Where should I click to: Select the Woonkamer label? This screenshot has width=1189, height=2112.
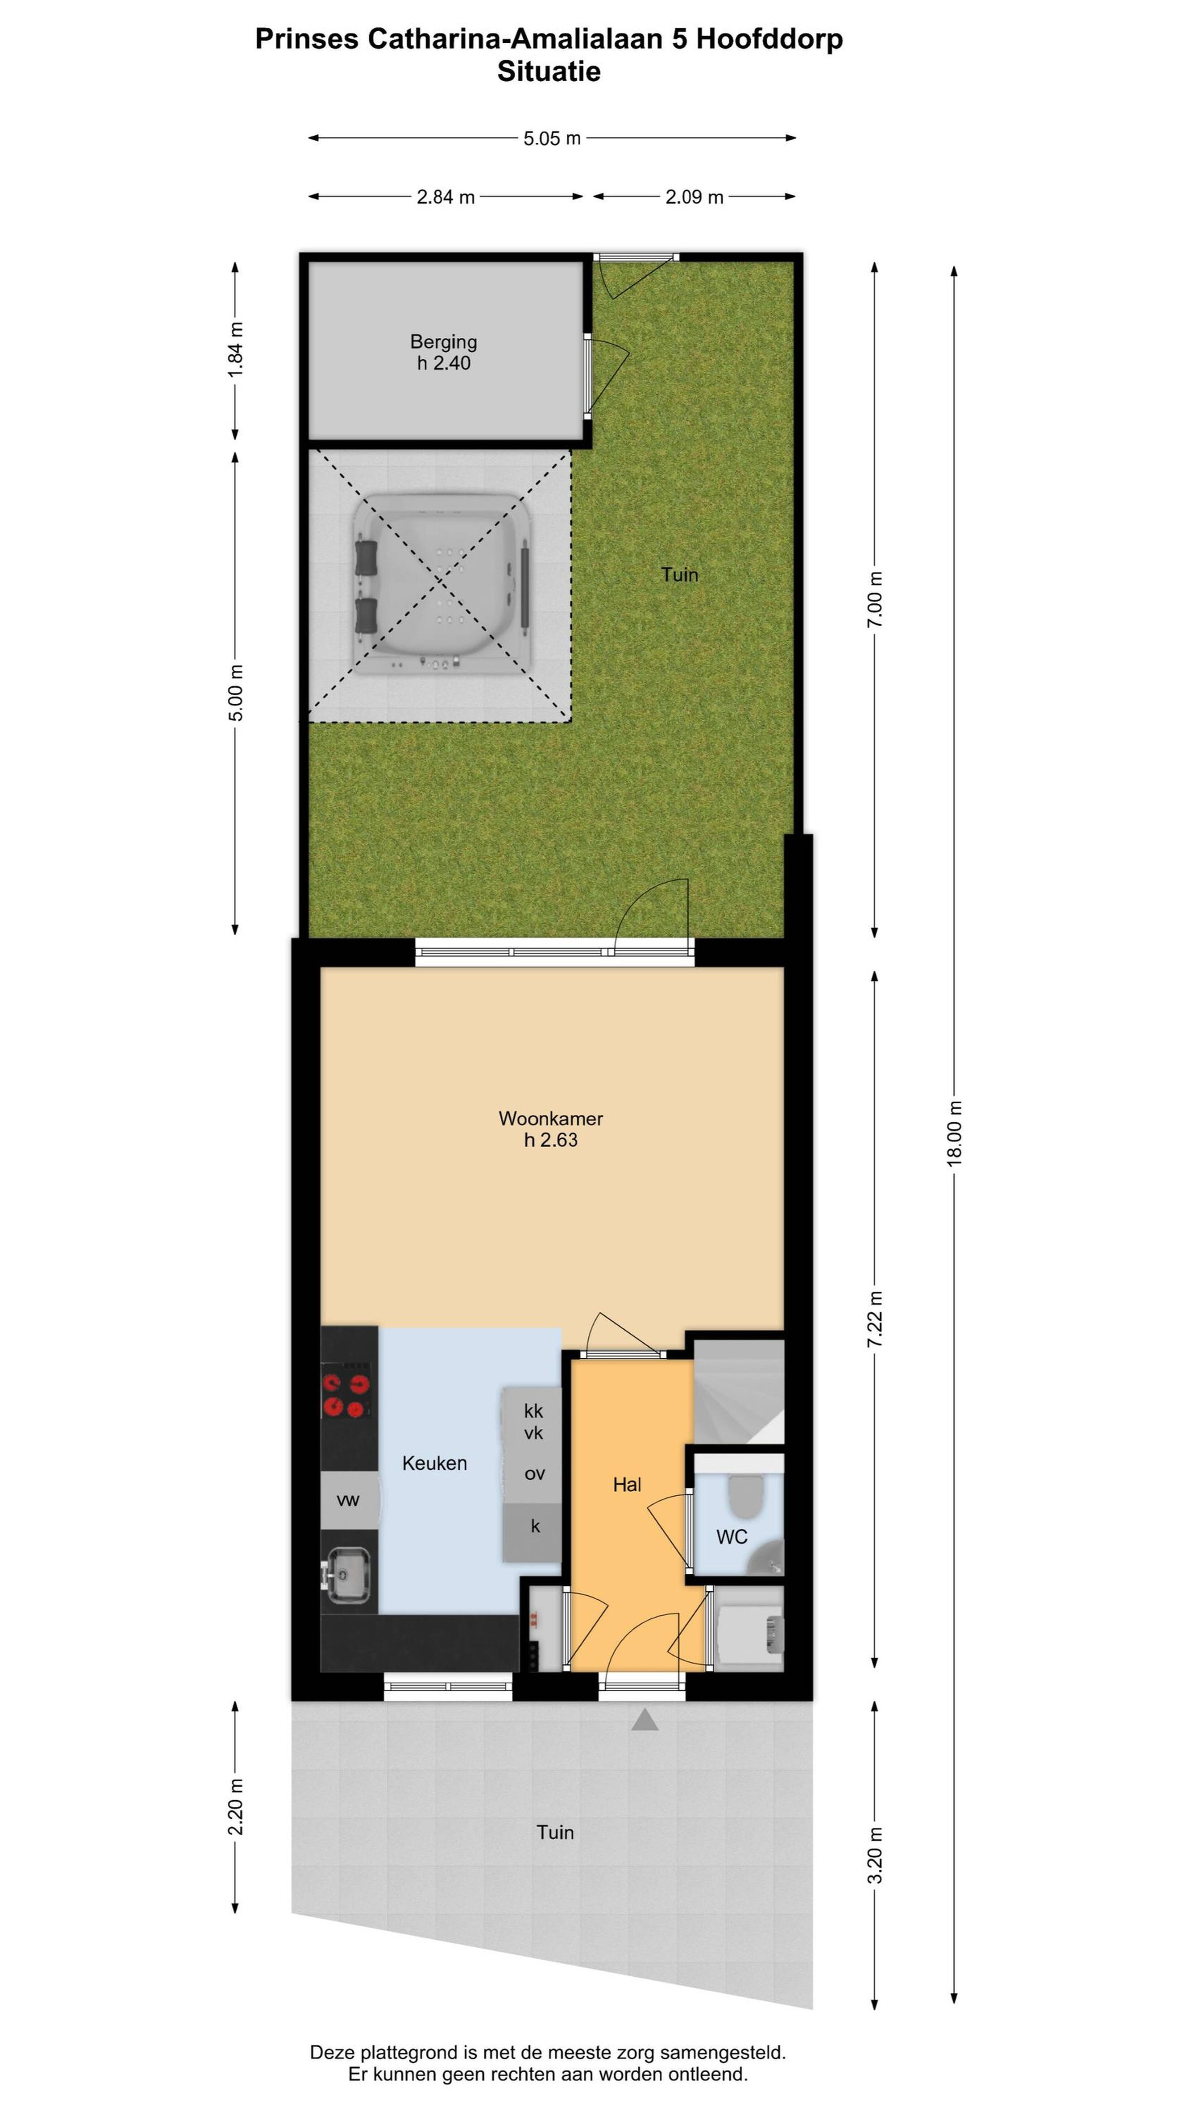[x=551, y=1118]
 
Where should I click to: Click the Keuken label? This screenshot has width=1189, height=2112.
[x=435, y=1464]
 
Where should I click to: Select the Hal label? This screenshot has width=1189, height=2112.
[x=627, y=1485]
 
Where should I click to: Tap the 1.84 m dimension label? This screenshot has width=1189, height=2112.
[x=235, y=350]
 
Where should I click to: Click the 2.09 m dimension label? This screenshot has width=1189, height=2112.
[x=695, y=197]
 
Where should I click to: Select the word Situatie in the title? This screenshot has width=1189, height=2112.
[x=549, y=71]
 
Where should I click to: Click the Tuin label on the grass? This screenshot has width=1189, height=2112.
[x=680, y=575]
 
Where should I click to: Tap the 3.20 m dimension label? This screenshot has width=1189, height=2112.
[x=875, y=1855]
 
